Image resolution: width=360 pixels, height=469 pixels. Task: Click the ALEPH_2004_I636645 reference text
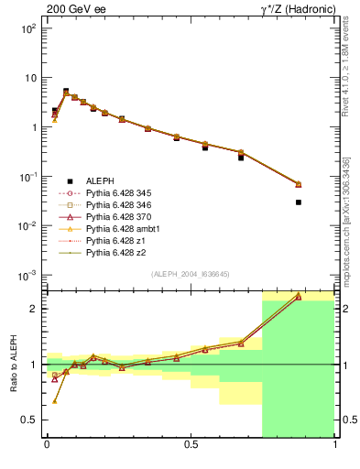pos(190,273)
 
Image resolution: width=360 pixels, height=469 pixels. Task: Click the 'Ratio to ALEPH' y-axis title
pos(16,364)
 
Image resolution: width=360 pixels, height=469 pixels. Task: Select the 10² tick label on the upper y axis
pos(27,28)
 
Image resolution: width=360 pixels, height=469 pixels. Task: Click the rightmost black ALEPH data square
pos(299,202)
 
